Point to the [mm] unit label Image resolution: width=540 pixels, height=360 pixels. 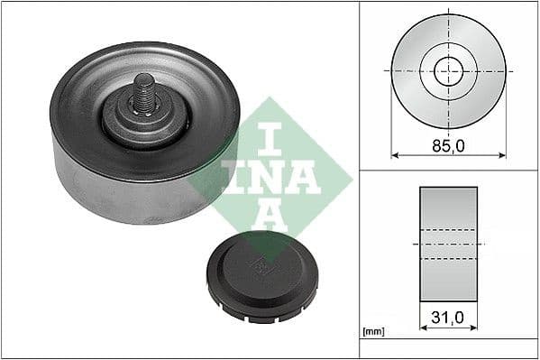coord(371,332)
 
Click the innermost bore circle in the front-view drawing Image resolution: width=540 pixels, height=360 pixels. coord(448,70)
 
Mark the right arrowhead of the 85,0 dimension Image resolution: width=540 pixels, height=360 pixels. coord(501,155)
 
